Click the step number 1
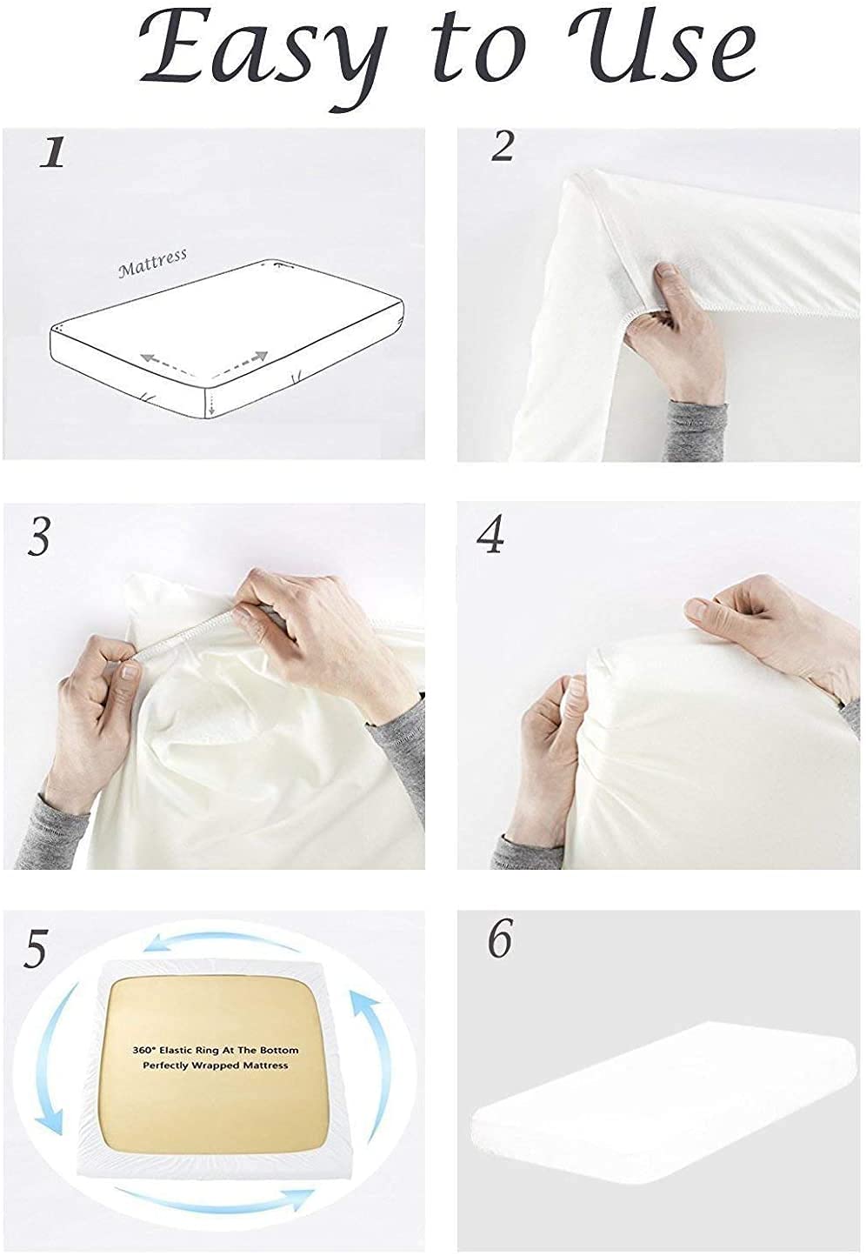click(53, 152)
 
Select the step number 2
click(502, 148)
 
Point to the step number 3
click(39, 537)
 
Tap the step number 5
click(35, 949)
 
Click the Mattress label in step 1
click(152, 263)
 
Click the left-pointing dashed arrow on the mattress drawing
click(167, 364)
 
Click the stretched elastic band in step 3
click(185, 637)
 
